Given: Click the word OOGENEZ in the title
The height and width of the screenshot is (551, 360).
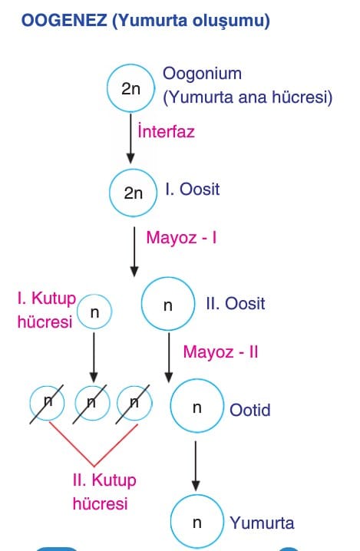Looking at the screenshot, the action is pos(64,21).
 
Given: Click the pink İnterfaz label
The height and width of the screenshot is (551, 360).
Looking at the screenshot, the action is pos(167,131).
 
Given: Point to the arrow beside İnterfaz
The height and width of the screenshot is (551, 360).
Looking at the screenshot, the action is pos(130,139).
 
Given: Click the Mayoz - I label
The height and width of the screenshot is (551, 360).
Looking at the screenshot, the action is pos(181,238).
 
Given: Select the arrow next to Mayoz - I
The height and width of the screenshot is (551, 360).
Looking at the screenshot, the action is pos(134,252).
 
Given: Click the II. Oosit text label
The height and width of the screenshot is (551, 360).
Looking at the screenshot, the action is pos(236,304).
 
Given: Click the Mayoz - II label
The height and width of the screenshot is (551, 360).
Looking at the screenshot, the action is pos(221,351).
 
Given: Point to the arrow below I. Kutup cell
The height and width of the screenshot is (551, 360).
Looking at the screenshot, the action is pos(94,358).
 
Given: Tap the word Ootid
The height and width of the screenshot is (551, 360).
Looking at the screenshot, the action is pos(250,410).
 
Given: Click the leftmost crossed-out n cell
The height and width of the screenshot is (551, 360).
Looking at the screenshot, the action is pos(47,404).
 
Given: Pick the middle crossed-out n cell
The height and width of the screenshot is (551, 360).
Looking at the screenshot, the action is pos(92,404).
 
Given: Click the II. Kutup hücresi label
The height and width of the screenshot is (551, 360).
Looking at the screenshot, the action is pos(104,492).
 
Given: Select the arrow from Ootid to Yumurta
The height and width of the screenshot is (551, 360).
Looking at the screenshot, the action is pos(196,466).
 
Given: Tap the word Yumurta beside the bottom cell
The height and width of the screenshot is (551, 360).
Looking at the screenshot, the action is pos(262,523).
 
